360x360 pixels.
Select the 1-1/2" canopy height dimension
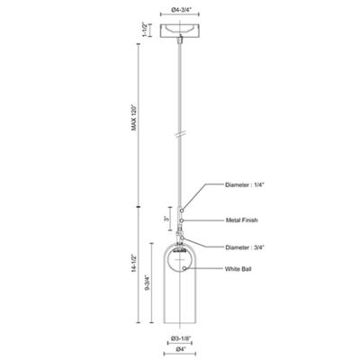146,30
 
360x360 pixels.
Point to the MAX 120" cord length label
134,117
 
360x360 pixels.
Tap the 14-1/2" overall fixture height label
134,264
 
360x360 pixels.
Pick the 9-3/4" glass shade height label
148,283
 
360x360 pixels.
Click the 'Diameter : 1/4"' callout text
245,185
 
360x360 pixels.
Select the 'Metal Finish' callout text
241,220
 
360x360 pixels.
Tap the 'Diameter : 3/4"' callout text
245,247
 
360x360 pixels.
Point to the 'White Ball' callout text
238,269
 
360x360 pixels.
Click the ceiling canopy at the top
180,31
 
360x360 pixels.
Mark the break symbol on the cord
179,135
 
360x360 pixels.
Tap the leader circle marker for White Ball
184,268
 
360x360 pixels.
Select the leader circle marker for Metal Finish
182,220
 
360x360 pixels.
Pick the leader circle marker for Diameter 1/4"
182,211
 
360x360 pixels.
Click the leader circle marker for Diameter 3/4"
182,238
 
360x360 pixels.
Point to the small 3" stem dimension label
166,220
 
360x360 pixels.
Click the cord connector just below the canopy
180,40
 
